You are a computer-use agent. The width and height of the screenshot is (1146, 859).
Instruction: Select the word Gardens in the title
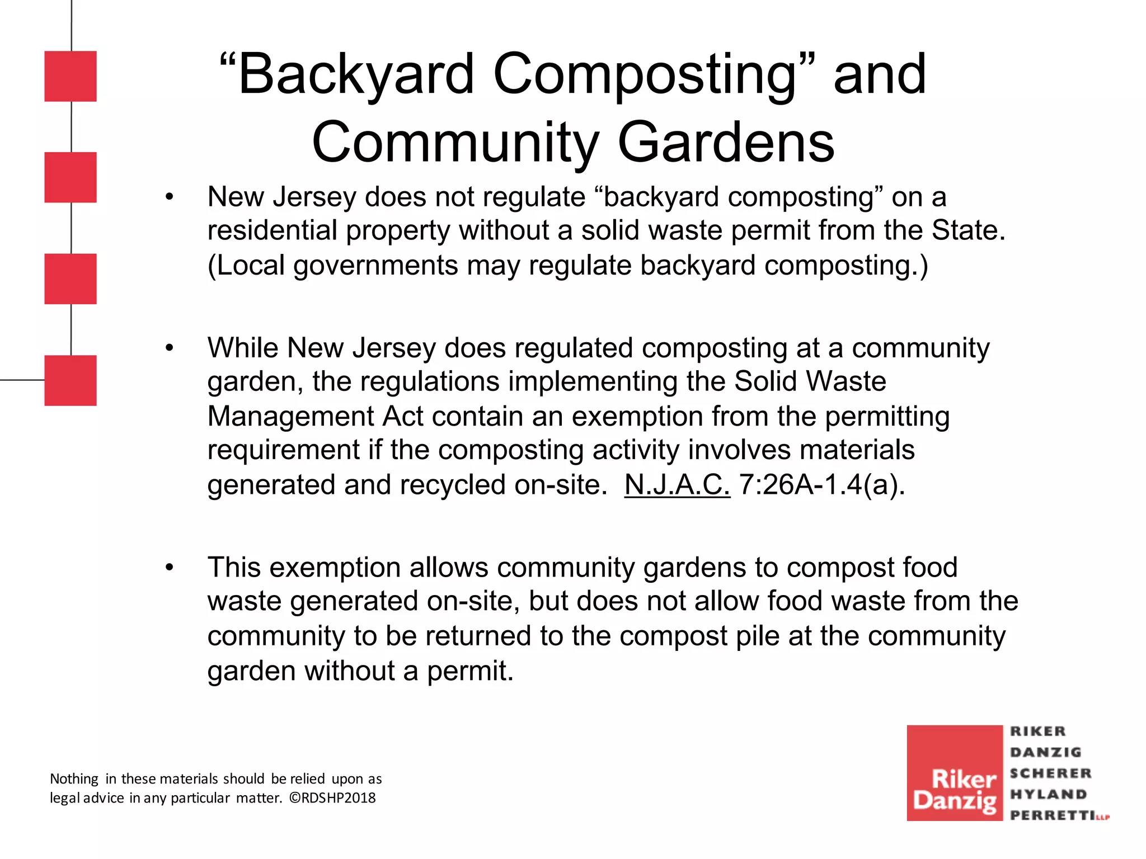pyautogui.click(x=726, y=143)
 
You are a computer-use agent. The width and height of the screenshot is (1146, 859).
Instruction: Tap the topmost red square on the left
pyautogui.click(x=71, y=76)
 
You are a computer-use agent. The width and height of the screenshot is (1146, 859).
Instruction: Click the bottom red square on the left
pyautogui.click(x=71, y=380)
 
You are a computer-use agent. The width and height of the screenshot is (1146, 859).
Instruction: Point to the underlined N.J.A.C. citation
pyautogui.click(x=677, y=484)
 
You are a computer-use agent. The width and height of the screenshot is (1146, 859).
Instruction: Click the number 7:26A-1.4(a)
pyautogui.click(x=821, y=484)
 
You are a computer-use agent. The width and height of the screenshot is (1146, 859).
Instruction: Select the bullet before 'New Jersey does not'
pyautogui.click(x=170, y=197)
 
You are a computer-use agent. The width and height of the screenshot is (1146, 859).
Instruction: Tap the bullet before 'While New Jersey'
pyautogui.click(x=170, y=348)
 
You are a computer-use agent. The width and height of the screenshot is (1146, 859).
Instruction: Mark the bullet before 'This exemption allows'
pyautogui.click(x=170, y=568)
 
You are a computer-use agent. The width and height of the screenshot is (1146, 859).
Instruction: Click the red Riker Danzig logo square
pyautogui.click(x=954, y=773)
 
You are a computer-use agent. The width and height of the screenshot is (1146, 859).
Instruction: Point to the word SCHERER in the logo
pyautogui.click(x=1050, y=773)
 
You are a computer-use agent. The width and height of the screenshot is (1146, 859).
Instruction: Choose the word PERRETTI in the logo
pyautogui.click(x=1053, y=815)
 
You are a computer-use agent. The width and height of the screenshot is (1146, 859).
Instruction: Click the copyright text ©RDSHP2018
pyautogui.click(x=332, y=798)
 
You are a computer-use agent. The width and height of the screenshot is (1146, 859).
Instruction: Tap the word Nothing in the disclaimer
pyautogui.click(x=74, y=779)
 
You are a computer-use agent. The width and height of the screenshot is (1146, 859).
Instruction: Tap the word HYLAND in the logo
pyautogui.click(x=1048, y=794)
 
